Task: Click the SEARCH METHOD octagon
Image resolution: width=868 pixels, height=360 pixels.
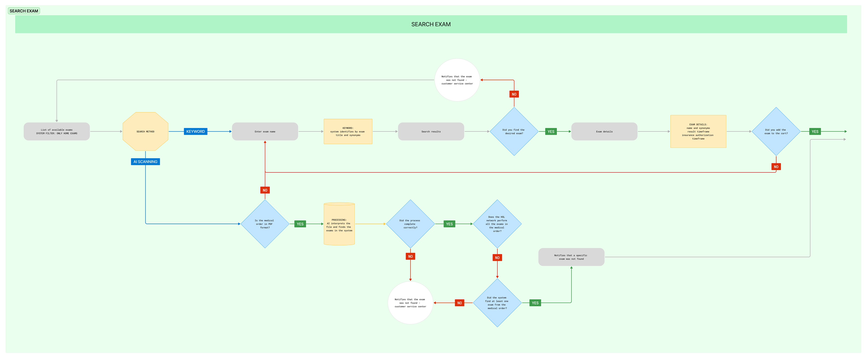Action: (145, 131)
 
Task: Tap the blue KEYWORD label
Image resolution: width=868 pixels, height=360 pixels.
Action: (196, 131)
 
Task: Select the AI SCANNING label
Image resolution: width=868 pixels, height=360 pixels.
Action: (145, 162)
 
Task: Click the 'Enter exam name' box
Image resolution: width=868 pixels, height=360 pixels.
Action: (265, 131)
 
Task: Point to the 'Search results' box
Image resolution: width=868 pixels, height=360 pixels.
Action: (431, 131)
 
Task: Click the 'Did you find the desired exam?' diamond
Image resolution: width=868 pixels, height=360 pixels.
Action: (514, 131)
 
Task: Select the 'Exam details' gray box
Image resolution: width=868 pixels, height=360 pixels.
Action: (604, 131)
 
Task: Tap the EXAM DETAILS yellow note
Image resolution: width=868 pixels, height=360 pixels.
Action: (698, 131)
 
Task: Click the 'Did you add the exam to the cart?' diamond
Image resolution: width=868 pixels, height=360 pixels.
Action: (776, 131)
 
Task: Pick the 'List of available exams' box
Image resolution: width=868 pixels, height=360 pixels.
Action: (57, 131)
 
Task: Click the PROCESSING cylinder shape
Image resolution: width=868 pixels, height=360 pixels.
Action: (339, 224)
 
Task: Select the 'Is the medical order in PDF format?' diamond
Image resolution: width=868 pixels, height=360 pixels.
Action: (265, 224)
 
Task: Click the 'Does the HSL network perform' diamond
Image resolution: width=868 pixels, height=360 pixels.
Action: (497, 224)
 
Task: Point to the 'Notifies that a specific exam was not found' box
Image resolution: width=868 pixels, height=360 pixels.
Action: (571, 257)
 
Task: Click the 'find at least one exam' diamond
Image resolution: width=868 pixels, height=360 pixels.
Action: (497, 303)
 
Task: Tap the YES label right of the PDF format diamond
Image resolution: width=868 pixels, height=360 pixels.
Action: (300, 224)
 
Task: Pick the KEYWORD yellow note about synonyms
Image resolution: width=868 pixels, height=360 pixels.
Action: (348, 131)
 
